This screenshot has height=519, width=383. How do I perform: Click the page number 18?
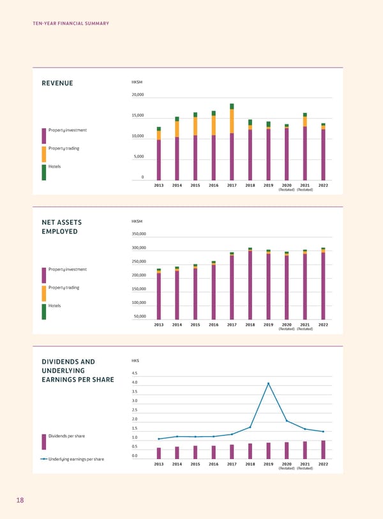[20, 501]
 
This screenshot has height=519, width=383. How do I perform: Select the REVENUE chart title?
[57, 84]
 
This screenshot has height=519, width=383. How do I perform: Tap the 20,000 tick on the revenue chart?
[138, 94]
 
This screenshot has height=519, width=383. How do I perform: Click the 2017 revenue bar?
[232, 142]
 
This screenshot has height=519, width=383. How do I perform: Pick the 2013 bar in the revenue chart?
[159, 154]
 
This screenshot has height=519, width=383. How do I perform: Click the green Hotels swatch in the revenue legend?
[44, 172]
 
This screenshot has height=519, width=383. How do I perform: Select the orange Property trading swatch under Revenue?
[44, 154]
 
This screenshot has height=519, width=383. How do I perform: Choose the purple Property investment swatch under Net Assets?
[44, 275]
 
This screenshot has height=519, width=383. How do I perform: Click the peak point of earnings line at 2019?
[269, 383]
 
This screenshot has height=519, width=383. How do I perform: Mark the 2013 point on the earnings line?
[159, 439]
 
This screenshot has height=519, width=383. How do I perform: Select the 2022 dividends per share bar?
[323, 450]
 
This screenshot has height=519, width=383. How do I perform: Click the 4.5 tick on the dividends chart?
[134, 373]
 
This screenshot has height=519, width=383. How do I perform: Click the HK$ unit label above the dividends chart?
[135, 360]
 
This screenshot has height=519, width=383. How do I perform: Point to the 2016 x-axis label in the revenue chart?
[214, 185]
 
